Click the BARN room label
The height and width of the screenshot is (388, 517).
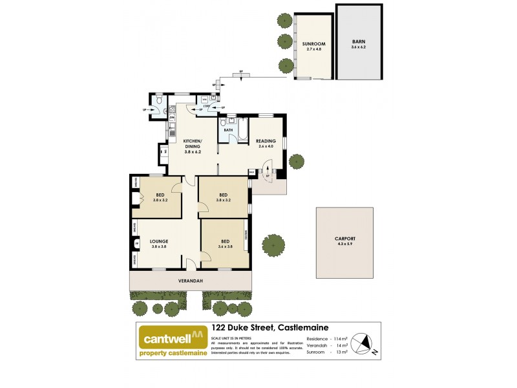tap(358, 40)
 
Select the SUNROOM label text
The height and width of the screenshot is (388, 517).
tap(313, 44)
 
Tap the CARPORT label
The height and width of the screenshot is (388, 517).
tap(344, 239)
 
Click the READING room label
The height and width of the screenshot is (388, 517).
tap(265, 141)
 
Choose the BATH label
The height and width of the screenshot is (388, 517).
tap(228, 130)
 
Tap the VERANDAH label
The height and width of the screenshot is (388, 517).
tap(191, 281)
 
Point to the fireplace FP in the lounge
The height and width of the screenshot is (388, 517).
tap(136, 244)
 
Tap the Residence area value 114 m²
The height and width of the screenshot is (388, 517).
tap(339, 338)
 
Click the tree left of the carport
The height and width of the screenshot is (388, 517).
tap(273, 245)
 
